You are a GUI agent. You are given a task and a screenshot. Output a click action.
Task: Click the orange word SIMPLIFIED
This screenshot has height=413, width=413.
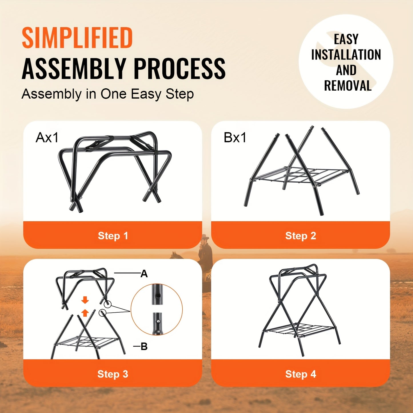click(x=77, y=38)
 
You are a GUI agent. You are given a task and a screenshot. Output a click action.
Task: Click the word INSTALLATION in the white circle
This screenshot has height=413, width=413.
click(x=346, y=55)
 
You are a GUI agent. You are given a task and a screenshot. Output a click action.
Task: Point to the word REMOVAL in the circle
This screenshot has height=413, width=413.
click(x=348, y=86)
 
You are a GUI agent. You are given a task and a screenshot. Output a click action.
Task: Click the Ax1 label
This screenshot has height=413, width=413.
click(x=47, y=137)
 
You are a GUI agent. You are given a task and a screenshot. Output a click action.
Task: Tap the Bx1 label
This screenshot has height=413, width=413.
click(x=235, y=137)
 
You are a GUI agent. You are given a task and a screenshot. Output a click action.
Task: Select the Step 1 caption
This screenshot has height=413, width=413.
click(x=113, y=236)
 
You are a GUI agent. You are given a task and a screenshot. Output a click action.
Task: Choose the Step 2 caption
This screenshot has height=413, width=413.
click(x=301, y=236)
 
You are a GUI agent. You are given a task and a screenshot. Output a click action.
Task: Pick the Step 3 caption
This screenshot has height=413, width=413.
click(x=113, y=374)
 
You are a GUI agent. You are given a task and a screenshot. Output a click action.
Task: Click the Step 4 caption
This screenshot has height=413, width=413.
click(x=301, y=374)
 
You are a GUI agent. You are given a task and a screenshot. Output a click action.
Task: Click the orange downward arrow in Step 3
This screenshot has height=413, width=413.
click(x=85, y=300)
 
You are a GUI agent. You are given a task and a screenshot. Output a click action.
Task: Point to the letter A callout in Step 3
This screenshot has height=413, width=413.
click(x=144, y=274)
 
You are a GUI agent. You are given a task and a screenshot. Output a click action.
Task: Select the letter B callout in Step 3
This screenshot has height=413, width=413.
click(x=144, y=347)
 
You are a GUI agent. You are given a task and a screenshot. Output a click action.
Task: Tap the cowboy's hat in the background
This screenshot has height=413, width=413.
click(x=205, y=237)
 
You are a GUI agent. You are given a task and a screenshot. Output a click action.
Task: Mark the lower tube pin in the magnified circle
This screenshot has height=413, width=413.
click(x=157, y=322)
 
